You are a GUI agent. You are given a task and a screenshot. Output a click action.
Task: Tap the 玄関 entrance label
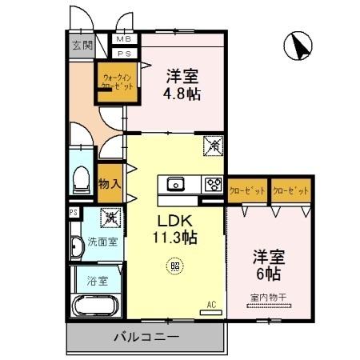[x=79, y=45]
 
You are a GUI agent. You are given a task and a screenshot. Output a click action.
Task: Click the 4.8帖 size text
[x=183, y=94]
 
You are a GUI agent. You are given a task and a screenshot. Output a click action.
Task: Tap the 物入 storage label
[x=110, y=184]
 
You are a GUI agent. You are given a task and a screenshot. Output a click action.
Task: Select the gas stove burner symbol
[x=213, y=183]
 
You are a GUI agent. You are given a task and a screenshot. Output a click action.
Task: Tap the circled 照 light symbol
[x=175, y=266]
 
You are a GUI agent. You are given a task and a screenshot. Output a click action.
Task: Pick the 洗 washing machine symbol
[x=110, y=217]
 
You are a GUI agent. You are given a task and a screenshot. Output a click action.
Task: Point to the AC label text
[x=211, y=304]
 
